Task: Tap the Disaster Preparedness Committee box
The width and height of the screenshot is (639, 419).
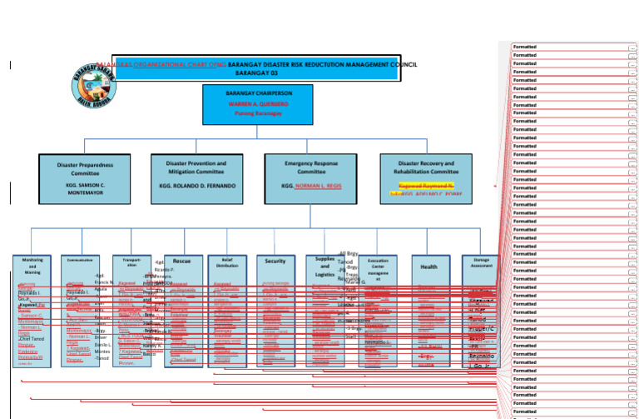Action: coord(85,177)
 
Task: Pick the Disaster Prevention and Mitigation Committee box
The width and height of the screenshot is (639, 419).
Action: coord(196,177)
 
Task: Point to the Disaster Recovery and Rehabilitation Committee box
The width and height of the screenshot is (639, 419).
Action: coord(426,177)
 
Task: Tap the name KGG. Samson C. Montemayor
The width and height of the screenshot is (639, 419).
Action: coord(85,188)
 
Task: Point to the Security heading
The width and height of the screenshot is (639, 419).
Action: coord(275,261)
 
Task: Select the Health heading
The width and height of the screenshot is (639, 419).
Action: coord(428,267)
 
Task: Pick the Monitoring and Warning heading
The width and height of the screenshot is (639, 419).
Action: coord(32,266)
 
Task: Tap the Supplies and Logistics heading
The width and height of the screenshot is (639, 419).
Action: coord(324,267)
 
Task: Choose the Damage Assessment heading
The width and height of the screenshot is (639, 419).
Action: coord(482,262)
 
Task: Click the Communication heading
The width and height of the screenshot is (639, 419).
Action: coord(80,260)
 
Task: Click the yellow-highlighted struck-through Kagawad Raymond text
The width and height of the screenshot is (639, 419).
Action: coord(426,185)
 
